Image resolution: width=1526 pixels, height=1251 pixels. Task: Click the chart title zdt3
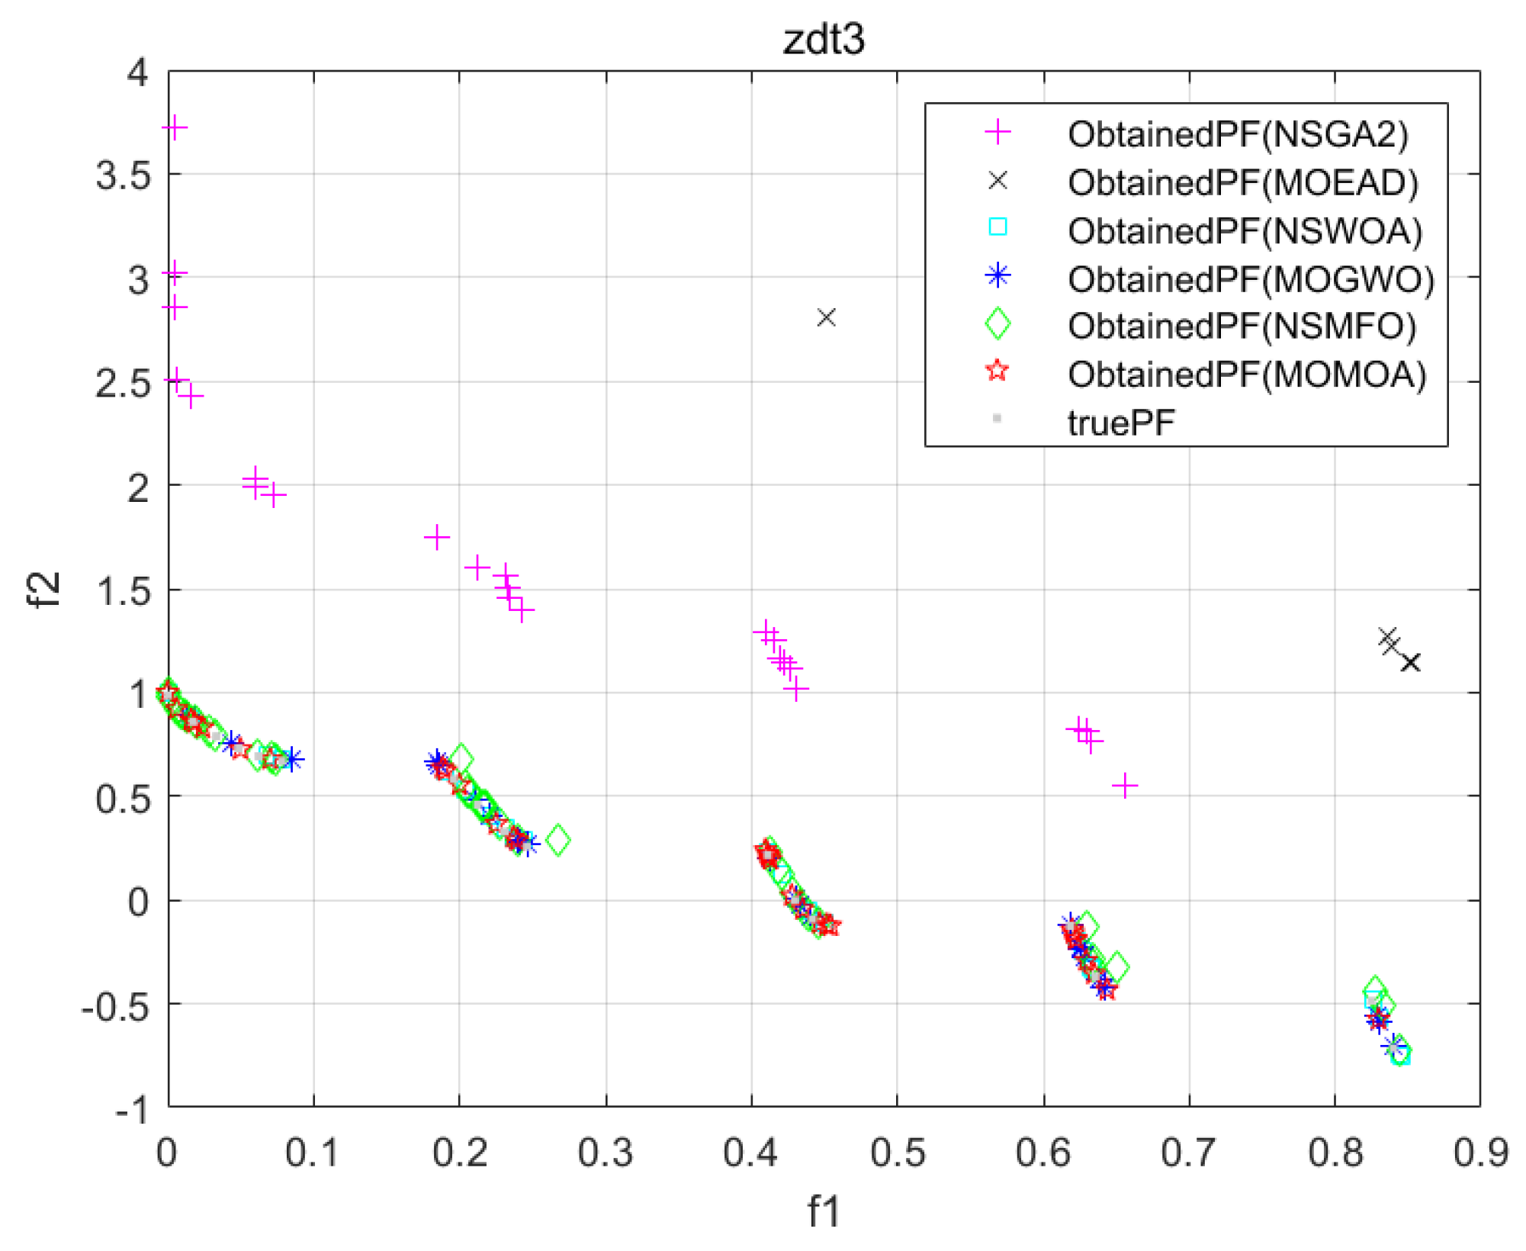click(824, 39)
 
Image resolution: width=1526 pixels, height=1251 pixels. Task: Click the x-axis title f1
click(824, 1211)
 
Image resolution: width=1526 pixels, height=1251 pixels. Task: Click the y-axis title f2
click(43, 590)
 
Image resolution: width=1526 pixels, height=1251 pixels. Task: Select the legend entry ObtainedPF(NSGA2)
click(1238, 134)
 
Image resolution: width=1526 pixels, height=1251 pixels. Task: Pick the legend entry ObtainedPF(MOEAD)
click(1242, 182)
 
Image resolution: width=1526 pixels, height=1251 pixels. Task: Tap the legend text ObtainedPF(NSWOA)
click(1245, 230)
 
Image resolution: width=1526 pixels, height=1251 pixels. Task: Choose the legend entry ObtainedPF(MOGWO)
click(1251, 279)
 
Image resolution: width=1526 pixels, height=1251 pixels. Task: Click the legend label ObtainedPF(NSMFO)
click(1242, 326)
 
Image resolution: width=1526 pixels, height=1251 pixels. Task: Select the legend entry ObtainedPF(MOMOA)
click(1246, 375)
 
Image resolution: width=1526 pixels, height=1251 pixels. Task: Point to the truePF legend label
click(1121, 423)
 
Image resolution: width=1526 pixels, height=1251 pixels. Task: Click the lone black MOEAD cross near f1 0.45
click(826, 317)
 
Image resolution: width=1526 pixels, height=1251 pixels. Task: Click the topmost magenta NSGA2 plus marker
click(175, 127)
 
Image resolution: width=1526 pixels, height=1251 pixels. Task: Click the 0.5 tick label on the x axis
click(898, 1153)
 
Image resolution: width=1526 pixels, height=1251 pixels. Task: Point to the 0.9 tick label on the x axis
click(1480, 1153)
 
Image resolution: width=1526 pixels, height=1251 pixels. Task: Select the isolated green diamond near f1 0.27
click(558, 840)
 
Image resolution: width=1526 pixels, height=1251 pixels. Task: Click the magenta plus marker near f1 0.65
click(1125, 786)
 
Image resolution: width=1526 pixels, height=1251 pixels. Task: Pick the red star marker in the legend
click(997, 371)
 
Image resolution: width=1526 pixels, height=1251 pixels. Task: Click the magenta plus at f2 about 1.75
click(436, 538)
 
